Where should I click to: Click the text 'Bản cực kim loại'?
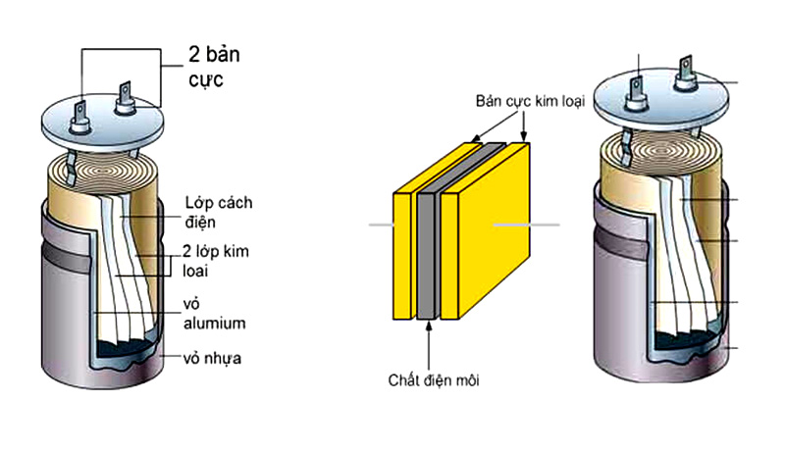(x=531, y=101)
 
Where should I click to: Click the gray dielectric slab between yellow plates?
(x=427, y=255)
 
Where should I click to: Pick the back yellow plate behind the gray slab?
(x=401, y=255)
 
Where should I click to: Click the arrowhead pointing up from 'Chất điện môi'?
(x=428, y=326)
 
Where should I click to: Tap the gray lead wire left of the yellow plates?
(x=381, y=226)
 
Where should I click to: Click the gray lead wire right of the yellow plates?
(x=526, y=226)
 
